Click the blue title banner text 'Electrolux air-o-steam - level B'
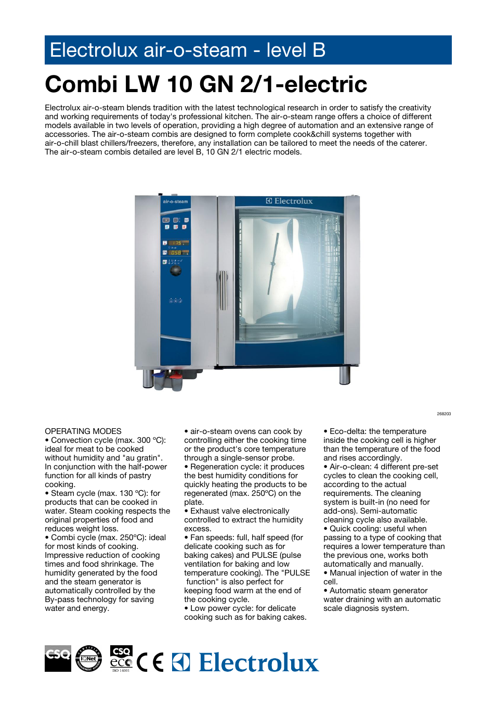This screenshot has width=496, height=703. (x=187, y=50)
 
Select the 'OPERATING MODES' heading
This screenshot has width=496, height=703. (x=83, y=431)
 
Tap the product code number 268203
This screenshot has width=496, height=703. (x=443, y=414)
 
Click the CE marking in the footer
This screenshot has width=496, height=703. (x=150, y=662)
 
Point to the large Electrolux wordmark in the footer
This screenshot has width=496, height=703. (x=258, y=662)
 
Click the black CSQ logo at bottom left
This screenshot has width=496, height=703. (x=58, y=658)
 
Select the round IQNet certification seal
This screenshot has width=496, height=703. (x=88, y=658)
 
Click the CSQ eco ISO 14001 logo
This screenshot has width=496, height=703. (x=121, y=659)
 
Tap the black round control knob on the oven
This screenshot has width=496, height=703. (x=176, y=271)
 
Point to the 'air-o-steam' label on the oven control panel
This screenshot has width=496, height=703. (x=175, y=201)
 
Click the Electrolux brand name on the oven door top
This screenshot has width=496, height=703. (x=290, y=201)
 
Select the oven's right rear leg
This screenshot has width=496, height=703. (x=344, y=375)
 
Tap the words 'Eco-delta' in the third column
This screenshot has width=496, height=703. (x=348, y=431)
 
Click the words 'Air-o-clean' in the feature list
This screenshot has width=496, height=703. (x=349, y=467)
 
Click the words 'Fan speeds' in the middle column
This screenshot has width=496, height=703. (x=210, y=538)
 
